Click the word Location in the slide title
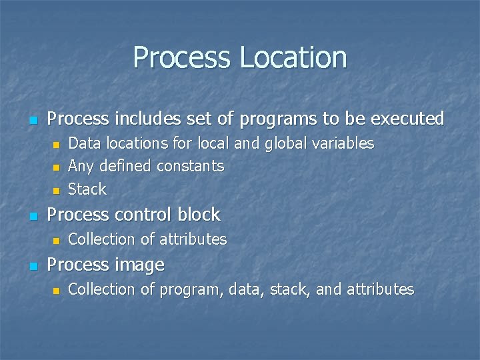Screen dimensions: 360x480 pyautogui.click(x=293, y=57)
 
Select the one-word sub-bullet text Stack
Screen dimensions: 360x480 pyautogui.click(x=87, y=189)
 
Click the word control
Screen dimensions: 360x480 pyautogui.click(x=143, y=215)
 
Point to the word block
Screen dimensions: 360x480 pyautogui.click(x=199, y=215)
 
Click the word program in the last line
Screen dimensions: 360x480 pyautogui.click(x=190, y=289)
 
